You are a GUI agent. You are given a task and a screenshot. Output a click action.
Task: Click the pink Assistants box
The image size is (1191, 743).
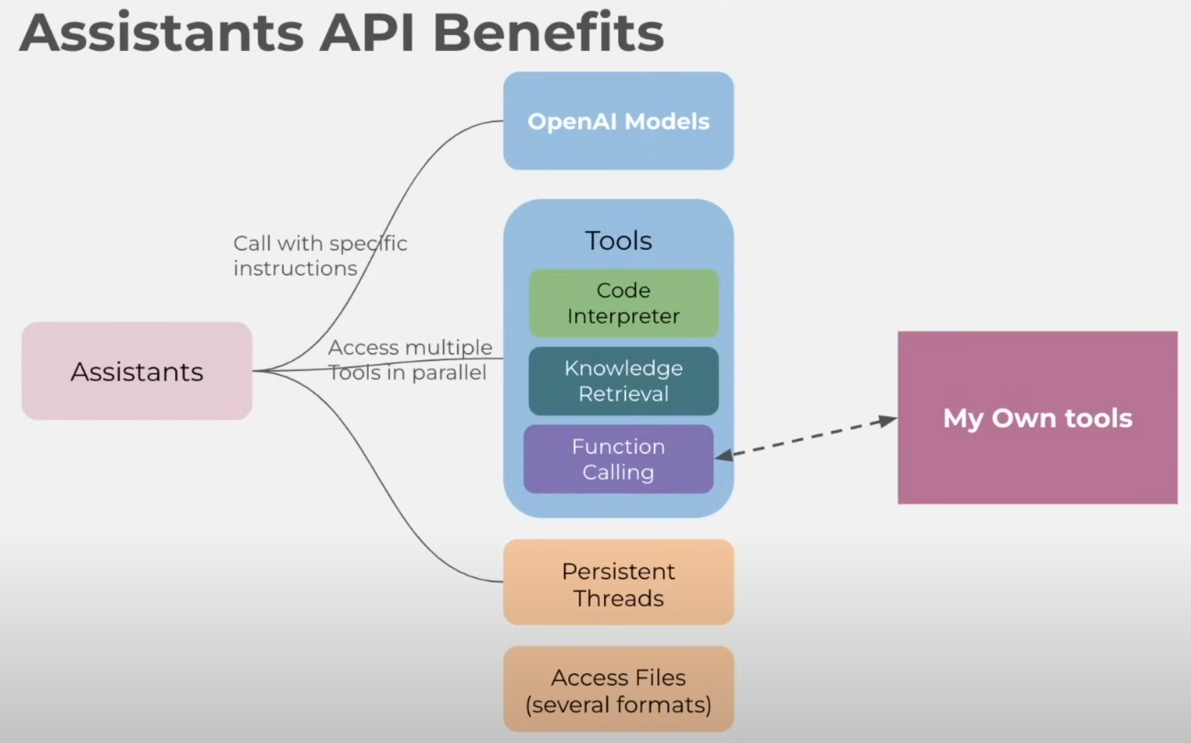(x=136, y=371)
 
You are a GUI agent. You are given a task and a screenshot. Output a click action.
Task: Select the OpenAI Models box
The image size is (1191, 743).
(x=618, y=121)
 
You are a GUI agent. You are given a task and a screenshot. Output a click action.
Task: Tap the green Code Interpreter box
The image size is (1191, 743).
(x=623, y=303)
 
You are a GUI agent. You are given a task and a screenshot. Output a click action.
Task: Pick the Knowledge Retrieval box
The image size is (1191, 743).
(x=623, y=381)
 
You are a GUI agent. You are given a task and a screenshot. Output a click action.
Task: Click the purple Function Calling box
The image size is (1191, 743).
(x=618, y=459)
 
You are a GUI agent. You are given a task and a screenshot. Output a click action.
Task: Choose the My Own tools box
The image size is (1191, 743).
(x=1037, y=418)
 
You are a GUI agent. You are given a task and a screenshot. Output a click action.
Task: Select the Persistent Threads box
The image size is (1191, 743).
(x=618, y=582)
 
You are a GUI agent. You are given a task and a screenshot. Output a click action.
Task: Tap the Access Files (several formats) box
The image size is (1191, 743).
(x=618, y=690)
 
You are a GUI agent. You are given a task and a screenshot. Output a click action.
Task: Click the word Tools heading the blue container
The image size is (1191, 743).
(x=618, y=241)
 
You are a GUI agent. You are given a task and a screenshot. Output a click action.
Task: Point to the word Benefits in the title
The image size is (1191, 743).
(x=548, y=33)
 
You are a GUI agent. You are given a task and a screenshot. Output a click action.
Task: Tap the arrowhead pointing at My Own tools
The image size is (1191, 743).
(x=888, y=420)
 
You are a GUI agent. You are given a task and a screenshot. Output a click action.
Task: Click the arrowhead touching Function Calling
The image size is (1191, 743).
(x=724, y=456)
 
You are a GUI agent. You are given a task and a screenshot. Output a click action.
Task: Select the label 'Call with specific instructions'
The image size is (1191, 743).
(x=320, y=256)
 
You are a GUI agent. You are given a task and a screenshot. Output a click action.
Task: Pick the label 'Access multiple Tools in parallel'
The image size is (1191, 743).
(x=409, y=360)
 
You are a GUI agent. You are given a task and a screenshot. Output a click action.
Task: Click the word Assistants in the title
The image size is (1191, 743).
(x=162, y=33)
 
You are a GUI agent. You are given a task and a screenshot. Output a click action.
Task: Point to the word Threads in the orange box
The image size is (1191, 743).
(x=618, y=599)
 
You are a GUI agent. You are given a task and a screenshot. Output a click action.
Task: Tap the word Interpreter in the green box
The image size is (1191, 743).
(x=623, y=316)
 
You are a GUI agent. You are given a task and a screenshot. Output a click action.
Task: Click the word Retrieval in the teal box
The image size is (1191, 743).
(x=623, y=394)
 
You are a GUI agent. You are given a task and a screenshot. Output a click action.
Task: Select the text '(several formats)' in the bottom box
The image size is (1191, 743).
(x=618, y=705)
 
